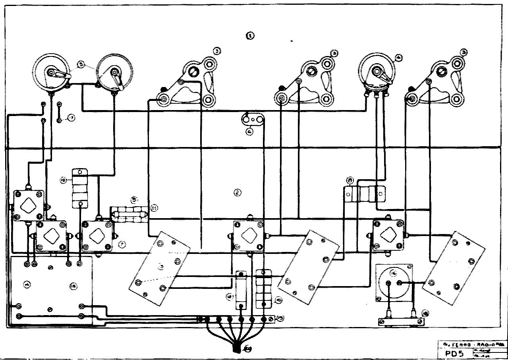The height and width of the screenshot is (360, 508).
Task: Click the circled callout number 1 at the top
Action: click(250, 36)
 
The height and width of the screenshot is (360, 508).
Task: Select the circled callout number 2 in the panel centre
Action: click(238, 193)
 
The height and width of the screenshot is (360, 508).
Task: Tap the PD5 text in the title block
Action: click(451, 352)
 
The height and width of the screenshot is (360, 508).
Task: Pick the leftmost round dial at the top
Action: click(51, 73)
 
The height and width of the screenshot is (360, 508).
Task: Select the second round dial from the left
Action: click(114, 72)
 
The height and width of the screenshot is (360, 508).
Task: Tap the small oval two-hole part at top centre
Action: click(253, 119)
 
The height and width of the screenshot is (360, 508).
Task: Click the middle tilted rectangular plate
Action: click(308, 268)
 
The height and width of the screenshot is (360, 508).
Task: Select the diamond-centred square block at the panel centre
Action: click(249, 236)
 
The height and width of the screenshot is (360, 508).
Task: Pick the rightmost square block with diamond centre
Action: click(388, 235)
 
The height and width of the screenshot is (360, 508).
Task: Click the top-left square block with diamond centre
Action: click(28, 205)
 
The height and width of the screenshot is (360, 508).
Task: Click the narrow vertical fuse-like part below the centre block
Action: click(241, 290)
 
